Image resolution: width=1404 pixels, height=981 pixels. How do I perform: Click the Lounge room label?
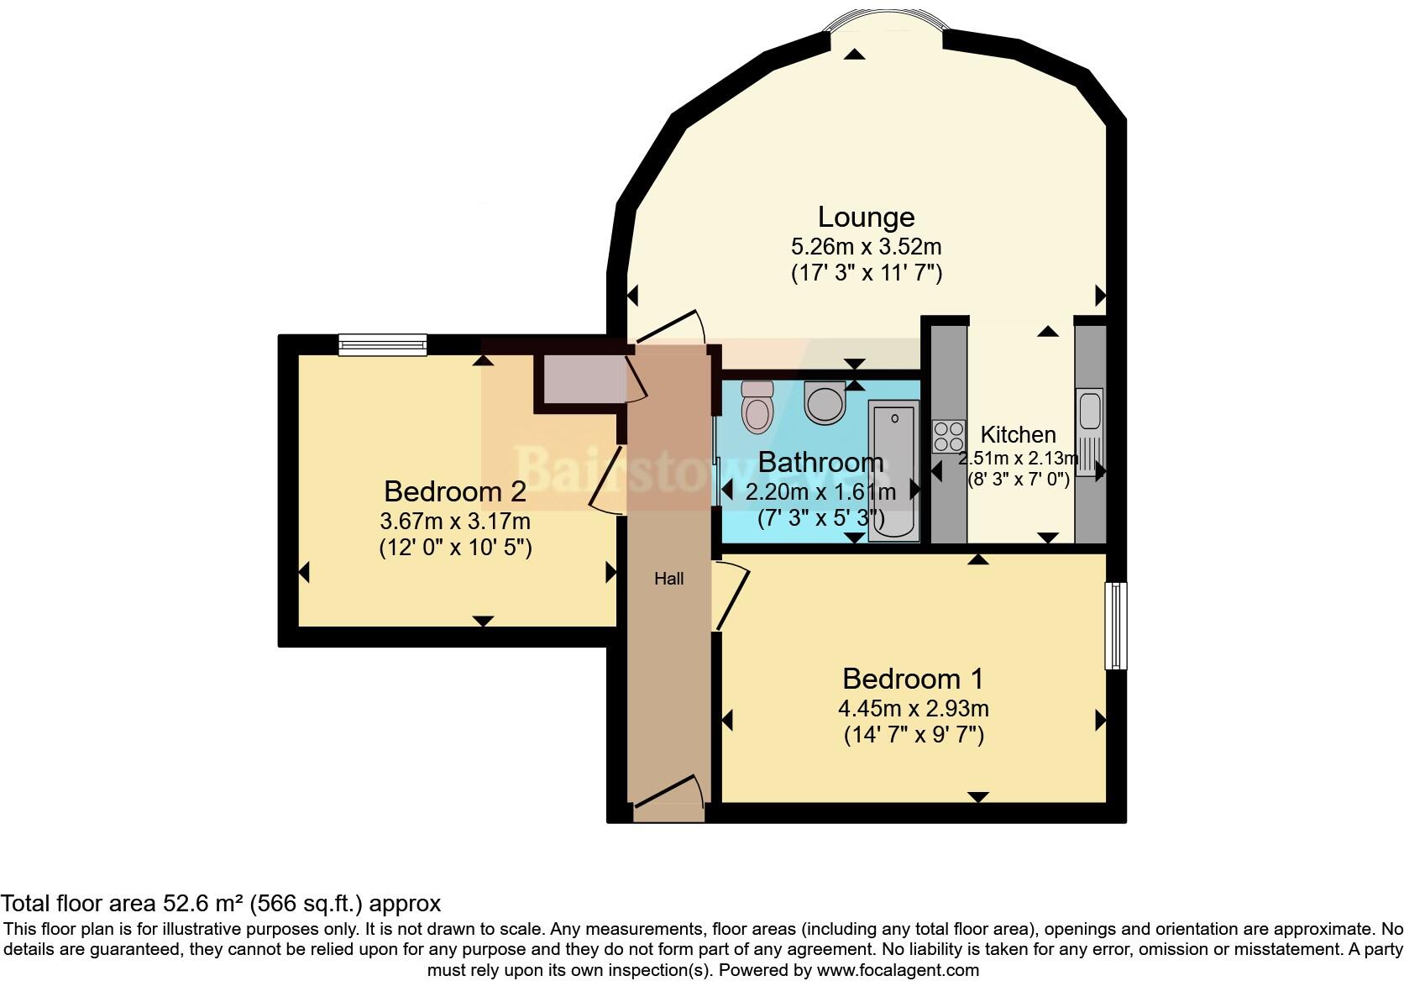[866, 218]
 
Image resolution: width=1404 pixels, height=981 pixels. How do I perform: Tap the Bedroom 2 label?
[455, 491]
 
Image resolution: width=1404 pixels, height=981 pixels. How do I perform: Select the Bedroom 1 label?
[913, 679]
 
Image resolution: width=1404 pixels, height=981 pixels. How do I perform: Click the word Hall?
[669, 579]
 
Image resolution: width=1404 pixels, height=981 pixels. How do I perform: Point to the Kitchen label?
[1018, 435]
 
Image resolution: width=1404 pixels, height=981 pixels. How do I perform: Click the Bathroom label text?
[820, 463]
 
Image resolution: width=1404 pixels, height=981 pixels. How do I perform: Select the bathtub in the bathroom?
[894, 470]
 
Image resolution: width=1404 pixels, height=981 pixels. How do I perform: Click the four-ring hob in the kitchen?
[949, 437]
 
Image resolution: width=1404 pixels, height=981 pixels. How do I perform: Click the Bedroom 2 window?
[383, 344]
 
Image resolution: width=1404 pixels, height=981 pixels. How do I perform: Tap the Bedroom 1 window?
[1115, 625]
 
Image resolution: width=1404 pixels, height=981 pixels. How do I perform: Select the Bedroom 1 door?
[731, 596]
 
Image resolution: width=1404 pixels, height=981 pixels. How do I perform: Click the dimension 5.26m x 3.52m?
[866, 247]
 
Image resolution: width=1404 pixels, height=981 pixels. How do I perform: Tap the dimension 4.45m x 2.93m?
[913, 709]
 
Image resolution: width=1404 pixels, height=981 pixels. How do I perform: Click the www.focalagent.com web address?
[898, 970]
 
